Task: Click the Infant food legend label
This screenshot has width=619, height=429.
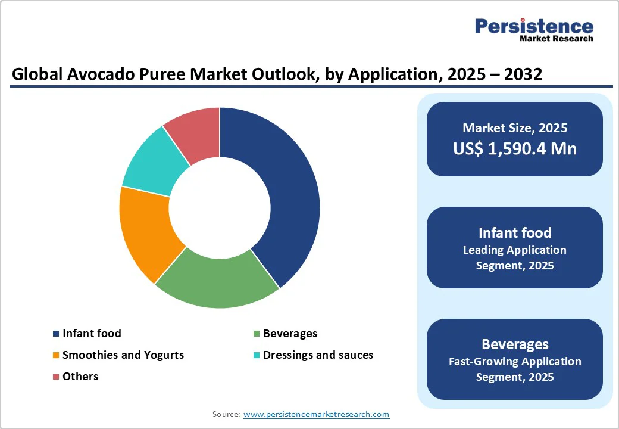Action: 92,334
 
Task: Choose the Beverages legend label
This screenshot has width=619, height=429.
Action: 290,334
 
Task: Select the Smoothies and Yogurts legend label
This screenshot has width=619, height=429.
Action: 123,355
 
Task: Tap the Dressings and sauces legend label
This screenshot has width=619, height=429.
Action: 318,355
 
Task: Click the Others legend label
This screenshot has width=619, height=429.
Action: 80,377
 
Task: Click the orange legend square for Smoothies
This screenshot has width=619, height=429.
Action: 56,356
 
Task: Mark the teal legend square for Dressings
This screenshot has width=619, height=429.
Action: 257,356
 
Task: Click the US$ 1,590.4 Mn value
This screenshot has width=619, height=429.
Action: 515,148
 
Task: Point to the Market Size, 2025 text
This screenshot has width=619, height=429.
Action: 515,128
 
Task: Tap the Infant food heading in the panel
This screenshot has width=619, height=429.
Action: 515,232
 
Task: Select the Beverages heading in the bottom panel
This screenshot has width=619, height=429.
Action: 515,344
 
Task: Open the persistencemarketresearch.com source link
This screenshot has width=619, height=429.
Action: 316,414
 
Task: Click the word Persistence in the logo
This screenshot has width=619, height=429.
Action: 534,26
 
